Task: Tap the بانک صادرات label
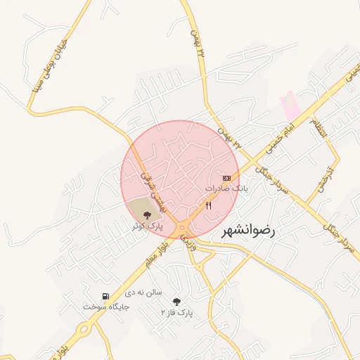pos(226,188)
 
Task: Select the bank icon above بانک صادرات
pos(226,178)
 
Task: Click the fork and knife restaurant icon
pos(208,205)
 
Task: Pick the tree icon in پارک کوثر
pos(147,215)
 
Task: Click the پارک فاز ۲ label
pos(176,311)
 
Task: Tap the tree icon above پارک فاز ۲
pos(176,301)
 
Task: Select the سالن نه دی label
pos(143,290)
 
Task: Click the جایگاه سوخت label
pos(103,307)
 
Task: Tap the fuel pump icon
pos(105,297)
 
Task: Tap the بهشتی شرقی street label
pos(150,191)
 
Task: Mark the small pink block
pos(290,108)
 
